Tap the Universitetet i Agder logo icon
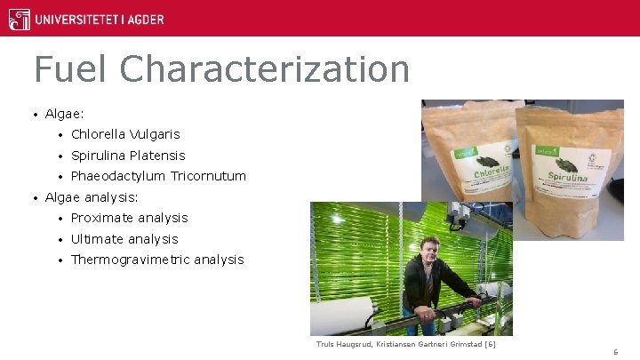click(x=19, y=19)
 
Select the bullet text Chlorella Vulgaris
click(x=125, y=134)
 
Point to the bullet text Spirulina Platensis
click(x=128, y=156)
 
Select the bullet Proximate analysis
click(x=130, y=218)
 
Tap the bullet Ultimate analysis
click(x=124, y=239)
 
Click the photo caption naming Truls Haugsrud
click(x=405, y=344)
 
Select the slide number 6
click(x=615, y=352)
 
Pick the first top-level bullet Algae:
click(x=65, y=114)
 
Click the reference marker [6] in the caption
click(x=490, y=344)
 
